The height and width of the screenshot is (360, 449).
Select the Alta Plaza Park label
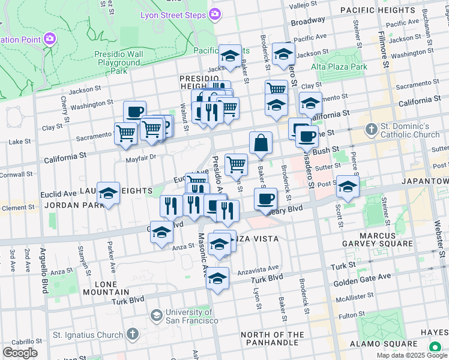coord(343,67)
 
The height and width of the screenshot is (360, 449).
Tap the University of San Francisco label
coord(191,316)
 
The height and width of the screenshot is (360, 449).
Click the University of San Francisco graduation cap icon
coord(156,316)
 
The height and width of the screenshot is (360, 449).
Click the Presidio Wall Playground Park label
coord(119,62)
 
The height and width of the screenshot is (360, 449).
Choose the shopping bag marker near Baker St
coord(261,143)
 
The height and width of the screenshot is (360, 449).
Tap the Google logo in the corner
coord(20,353)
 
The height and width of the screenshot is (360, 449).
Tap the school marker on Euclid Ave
coord(109,194)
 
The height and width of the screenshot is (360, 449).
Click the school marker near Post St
coord(347,186)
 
